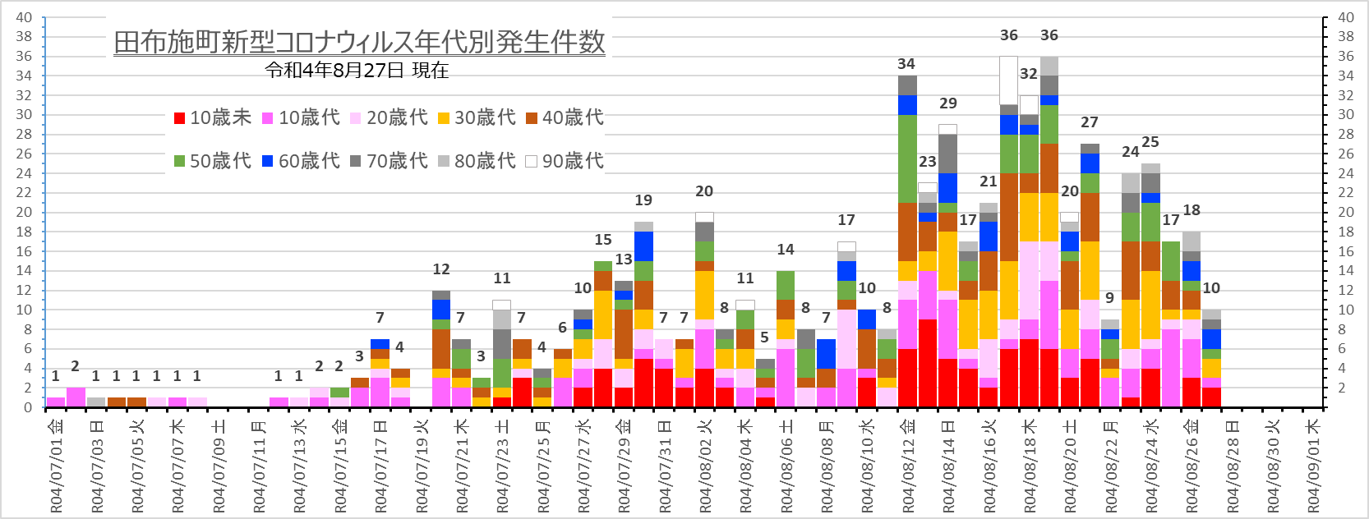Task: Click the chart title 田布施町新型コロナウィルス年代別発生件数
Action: (359, 42)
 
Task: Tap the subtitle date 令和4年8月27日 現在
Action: (357, 71)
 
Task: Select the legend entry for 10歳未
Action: (213, 118)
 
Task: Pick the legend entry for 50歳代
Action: (213, 161)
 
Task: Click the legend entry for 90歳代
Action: (565, 161)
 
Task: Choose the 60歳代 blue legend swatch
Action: (268, 161)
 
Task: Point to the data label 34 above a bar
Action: (906, 64)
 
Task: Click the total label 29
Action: (947, 103)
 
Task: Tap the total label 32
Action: (1028, 74)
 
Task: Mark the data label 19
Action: (643, 200)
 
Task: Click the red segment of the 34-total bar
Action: (907, 378)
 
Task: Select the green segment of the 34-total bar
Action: (907, 158)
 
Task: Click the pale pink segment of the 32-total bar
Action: (1029, 280)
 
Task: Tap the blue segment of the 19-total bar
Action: (643, 246)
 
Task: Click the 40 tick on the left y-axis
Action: (24, 17)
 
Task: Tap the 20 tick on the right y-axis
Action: (1346, 212)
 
